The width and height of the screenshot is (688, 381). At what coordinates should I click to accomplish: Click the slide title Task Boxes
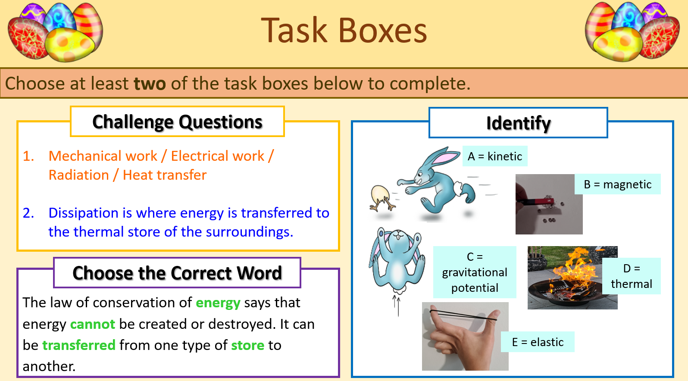point(344,31)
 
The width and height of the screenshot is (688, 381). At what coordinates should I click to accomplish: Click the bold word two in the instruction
point(150,83)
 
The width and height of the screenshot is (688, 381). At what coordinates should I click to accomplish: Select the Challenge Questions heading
point(177,122)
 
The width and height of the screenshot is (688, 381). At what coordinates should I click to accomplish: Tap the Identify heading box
point(518,123)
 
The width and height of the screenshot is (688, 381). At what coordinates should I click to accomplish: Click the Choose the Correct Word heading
point(177,273)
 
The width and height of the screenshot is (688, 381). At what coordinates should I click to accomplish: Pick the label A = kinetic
point(494,156)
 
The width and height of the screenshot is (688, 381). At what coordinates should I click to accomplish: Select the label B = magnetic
point(617,184)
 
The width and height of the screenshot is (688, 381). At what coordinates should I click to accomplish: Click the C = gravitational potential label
point(475,272)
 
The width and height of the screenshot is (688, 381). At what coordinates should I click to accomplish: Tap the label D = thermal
point(631,276)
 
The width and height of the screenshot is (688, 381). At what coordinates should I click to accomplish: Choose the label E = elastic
point(538,342)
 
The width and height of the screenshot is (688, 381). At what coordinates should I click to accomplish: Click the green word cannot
point(92,324)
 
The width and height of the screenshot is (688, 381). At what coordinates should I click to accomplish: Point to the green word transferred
point(79,345)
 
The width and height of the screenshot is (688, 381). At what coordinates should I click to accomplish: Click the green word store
point(247,345)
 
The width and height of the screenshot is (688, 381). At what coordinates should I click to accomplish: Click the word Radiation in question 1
point(79,175)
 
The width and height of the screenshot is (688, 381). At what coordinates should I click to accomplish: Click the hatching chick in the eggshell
point(381,198)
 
